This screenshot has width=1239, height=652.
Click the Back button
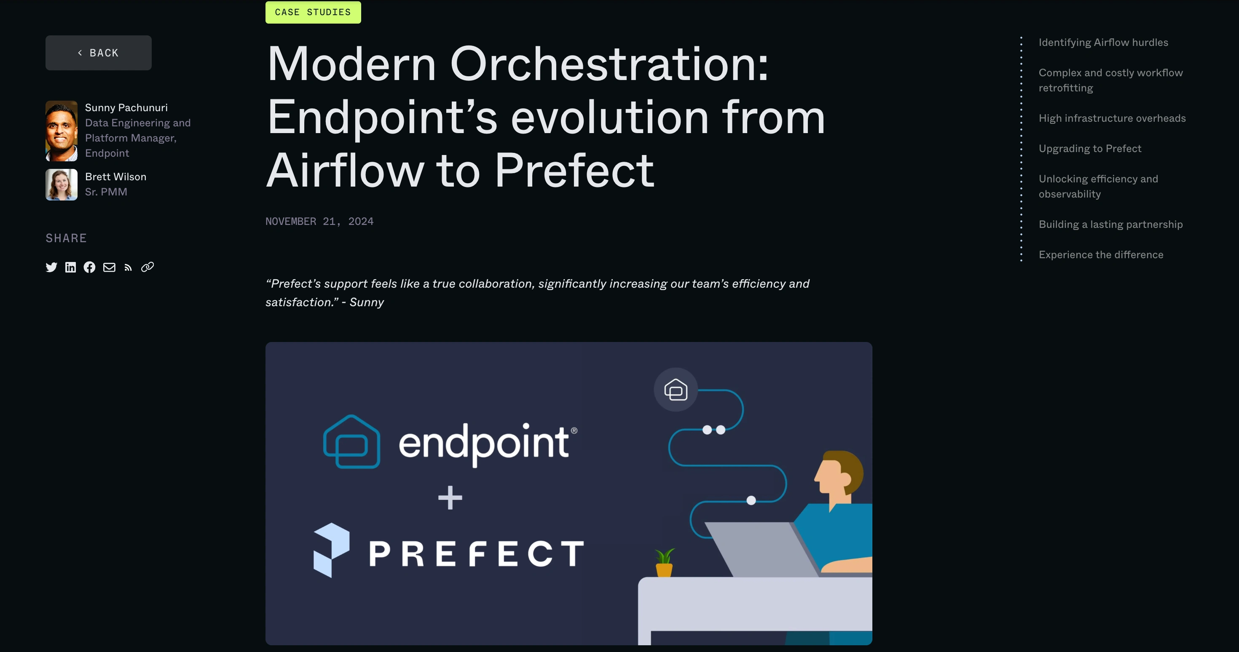[x=99, y=53]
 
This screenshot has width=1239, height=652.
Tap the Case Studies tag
[x=313, y=12]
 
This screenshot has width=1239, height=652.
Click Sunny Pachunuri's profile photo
[x=62, y=131]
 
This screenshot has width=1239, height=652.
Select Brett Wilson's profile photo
[x=62, y=184]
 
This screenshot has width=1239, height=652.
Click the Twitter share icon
[x=51, y=267]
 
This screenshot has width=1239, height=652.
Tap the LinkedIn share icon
[x=71, y=267]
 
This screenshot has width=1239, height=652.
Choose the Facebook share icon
[x=89, y=267]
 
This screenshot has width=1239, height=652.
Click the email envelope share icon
[x=109, y=267]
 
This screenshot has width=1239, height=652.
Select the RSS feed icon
[x=128, y=268]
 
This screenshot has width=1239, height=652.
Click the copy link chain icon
[x=147, y=267]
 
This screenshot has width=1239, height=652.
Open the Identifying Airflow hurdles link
[x=1103, y=42]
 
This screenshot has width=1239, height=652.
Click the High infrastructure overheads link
[x=1112, y=118]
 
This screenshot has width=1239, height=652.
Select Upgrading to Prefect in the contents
[x=1090, y=149]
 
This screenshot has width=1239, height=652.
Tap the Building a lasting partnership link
[x=1110, y=224]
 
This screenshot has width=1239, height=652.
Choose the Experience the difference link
[x=1101, y=255]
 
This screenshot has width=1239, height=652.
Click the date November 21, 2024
[x=319, y=221]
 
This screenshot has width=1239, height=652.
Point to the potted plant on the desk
[x=664, y=563]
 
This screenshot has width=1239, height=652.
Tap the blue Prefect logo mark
[x=331, y=550]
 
